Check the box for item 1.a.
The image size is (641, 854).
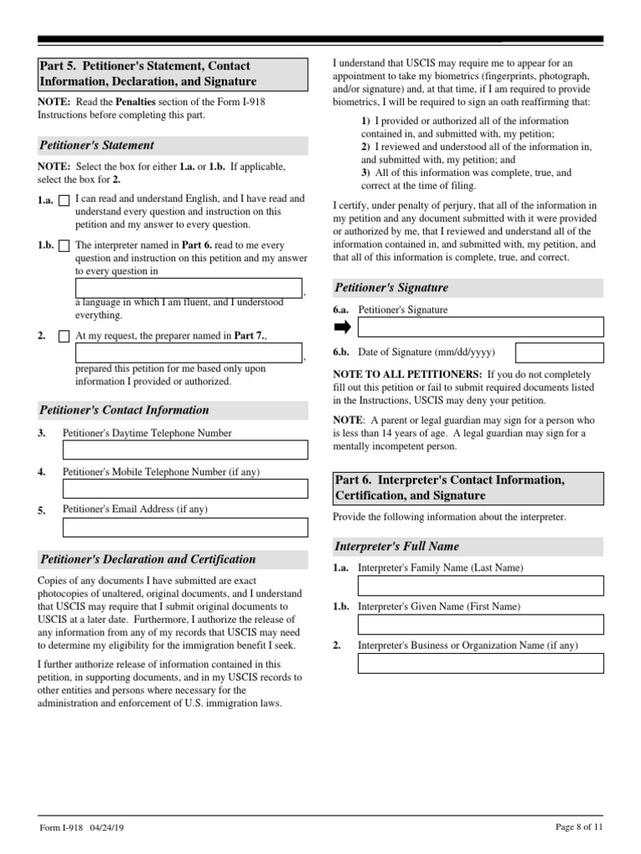click(64, 201)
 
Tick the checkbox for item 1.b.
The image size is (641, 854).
click(64, 247)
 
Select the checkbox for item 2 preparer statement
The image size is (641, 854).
click(64, 337)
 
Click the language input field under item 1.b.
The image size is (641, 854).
click(189, 288)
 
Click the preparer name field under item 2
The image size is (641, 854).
click(189, 353)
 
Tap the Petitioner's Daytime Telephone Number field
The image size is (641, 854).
click(185, 450)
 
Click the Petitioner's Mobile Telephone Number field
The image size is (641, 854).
click(185, 489)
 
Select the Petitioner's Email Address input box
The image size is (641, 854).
click(185, 527)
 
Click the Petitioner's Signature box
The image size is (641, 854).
click(480, 327)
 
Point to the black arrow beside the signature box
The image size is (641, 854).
click(342, 327)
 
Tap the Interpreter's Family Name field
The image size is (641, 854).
click(480, 585)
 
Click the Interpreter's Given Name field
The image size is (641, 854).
click(480, 624)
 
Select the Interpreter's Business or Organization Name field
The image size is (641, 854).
click(480, 663)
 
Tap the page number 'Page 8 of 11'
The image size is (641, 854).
click(578, 826)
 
